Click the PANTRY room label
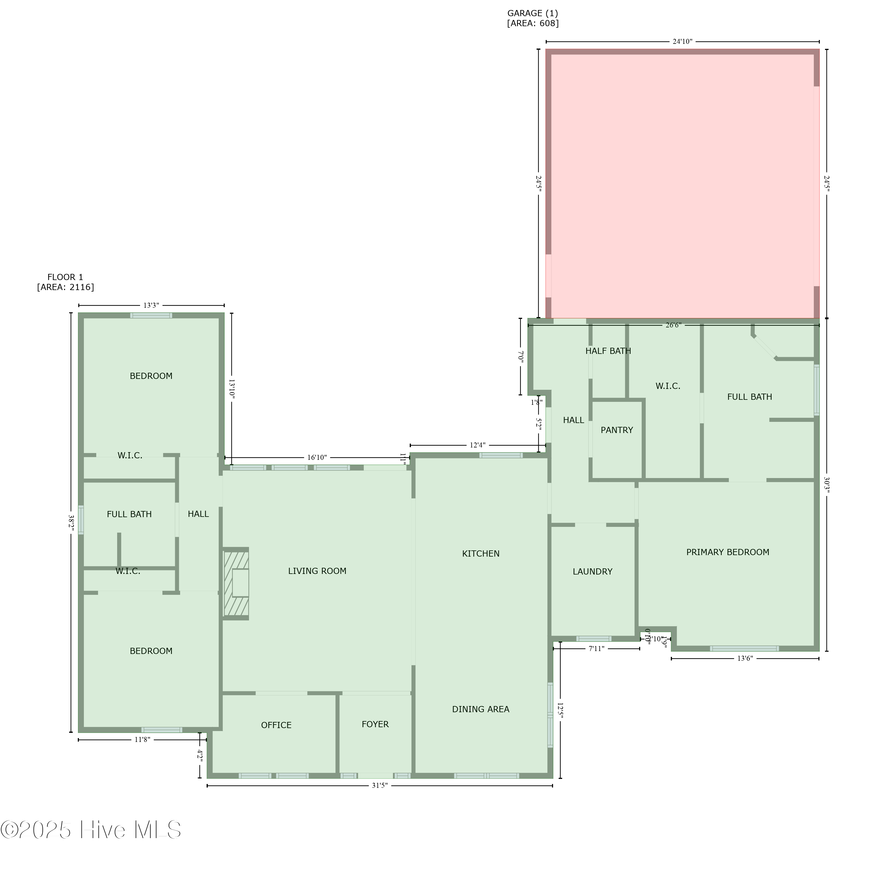tap(616, 430)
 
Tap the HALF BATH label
tap(608, 351)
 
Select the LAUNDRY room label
tap(592, 571)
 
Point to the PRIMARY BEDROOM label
tap(727, 552)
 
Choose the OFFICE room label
tap(276, 725)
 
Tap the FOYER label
tap(375, 724)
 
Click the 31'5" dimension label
tap(379, 785)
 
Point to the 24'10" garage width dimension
tap(682, 41)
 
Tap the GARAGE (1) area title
tap(532, 13)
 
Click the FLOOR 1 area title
tap(65, 277)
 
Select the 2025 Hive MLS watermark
tap(91, 830)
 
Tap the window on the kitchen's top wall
tap(501, 455)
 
